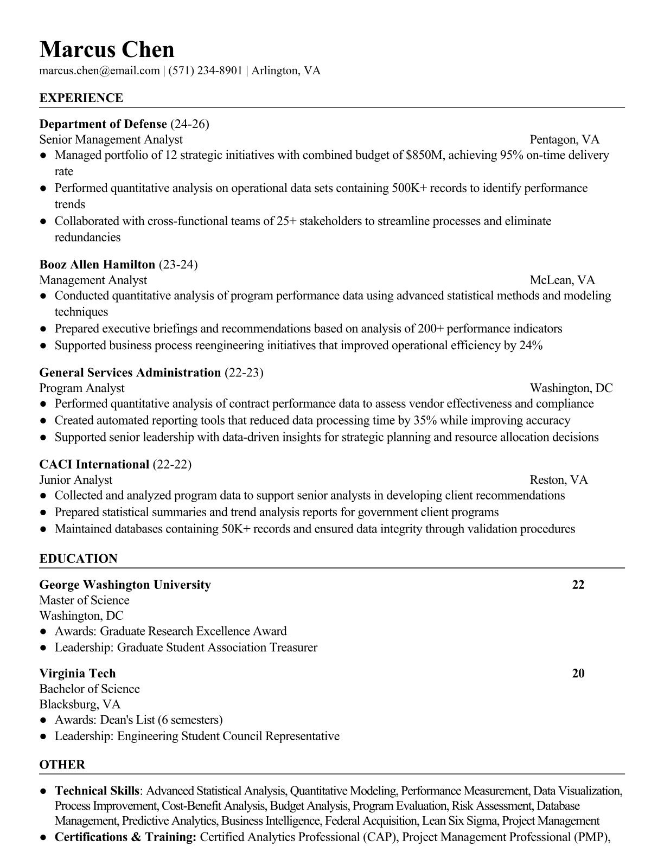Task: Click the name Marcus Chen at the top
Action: pos(107,50)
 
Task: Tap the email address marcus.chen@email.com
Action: pos(99,70)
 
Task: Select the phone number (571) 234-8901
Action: pos(205,70)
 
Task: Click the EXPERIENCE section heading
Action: pos(81,98)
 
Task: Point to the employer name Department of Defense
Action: pos(103,124)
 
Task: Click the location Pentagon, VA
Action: pos(564,140)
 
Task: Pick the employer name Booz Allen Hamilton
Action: pos(97,265)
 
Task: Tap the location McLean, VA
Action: pos(562,280)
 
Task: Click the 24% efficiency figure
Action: pos(531,345)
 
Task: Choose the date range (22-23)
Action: pos(244,373)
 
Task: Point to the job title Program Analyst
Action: pos(82,388)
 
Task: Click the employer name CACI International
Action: pos(94,465)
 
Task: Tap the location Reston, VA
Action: pos(559,480)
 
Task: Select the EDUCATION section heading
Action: pos(78,559)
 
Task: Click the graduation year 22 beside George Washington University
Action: pos(578,585)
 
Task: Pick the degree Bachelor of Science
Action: pos(90,689)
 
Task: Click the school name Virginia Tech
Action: pos(78,674)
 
